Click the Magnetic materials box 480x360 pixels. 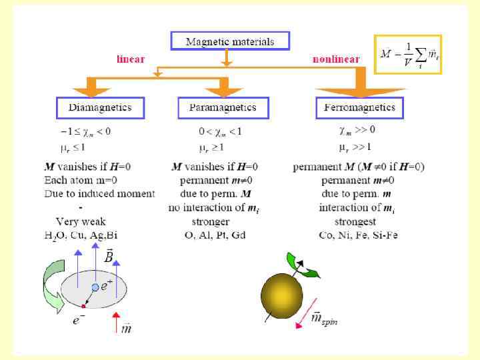230,41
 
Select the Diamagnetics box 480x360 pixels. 100,107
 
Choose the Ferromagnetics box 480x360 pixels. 359,107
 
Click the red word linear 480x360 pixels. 131,59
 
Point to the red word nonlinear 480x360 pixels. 336,59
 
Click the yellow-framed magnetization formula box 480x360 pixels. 408,54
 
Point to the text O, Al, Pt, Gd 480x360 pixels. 215,235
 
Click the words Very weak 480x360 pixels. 80,221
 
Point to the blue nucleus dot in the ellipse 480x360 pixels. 95,287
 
